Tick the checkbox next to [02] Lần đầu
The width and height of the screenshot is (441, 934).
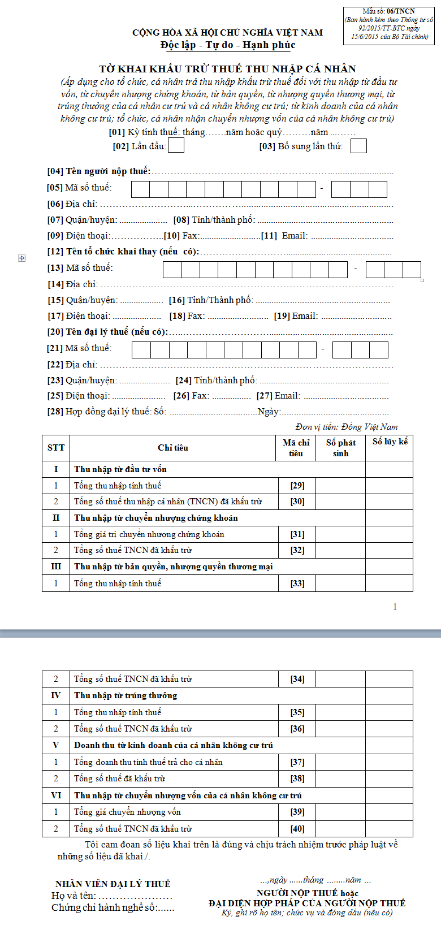(x=176, y=146)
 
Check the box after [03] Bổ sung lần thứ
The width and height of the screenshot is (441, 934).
(x=358, y=146)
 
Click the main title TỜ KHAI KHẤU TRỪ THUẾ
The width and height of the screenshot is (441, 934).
(x=227, y=69)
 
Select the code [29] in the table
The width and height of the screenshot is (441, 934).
(x=297, y=486)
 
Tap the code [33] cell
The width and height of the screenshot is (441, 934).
(x=297, y=583)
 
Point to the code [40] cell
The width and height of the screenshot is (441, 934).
(x=297, y=829)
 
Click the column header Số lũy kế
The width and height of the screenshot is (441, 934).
(x=390, y=442)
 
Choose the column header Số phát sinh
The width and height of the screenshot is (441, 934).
(x=340, y=448)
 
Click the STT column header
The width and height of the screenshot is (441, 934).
(x=56, y=448)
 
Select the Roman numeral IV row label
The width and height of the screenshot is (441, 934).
(x=56, y=695)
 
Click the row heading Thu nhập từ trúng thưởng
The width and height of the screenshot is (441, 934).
(x=126, y=695)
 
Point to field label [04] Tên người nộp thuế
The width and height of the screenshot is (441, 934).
(x=99, y=171)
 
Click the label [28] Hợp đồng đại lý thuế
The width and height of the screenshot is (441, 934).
(x=107, y=412)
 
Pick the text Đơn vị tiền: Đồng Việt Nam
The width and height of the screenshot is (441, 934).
(x=347, y=427)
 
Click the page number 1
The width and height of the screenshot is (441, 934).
(x=395, y=607)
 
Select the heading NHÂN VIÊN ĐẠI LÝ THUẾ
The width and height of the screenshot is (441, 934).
(x=113, y=884)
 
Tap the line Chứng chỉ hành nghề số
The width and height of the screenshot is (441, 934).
(x=113, y=907)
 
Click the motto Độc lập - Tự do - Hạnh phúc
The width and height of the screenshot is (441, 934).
(x=227, y=45)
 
